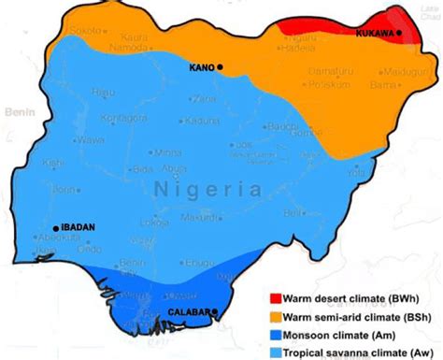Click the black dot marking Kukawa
coord(399,34)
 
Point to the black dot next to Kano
coord(221,67)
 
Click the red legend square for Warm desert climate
coord(275,300)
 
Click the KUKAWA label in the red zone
coord(375,34)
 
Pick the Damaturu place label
coord(326,71)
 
